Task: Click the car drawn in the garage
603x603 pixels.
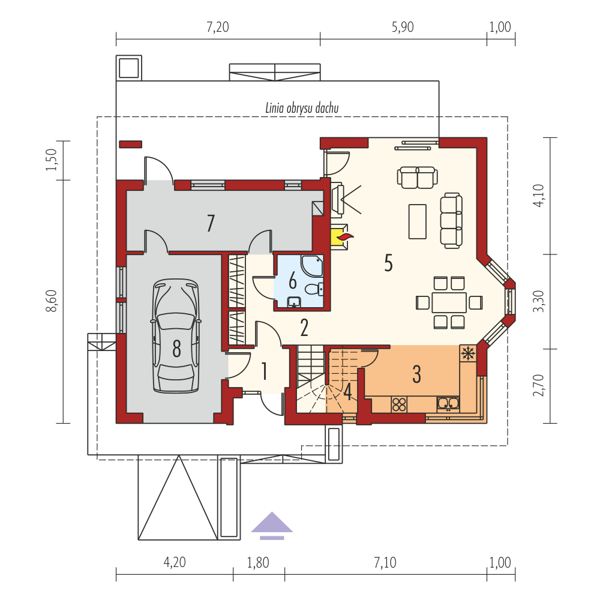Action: click(x=176, y=336)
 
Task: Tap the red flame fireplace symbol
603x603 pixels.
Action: click(x=345, y=237)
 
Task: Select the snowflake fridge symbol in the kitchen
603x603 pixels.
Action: click(x=468, y=353)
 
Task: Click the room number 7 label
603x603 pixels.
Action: click(x=211, y=223)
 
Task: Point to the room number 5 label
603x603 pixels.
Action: click(x=388, y=263)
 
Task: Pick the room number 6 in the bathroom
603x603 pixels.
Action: click(x=293, y=280)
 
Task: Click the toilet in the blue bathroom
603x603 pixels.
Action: click(x=314, y=289)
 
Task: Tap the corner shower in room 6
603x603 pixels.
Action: click(x=313, y=266)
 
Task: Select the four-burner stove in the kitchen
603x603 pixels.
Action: click(x=399, y=404)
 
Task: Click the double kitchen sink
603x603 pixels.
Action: click(x=448, y=404)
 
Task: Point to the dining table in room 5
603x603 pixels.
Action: click(x=449, y=302)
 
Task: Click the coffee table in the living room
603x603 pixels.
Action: click(x=417, y=221)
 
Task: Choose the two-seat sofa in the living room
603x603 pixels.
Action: click(x=417, y=177)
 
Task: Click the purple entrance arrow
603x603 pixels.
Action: click(x=272, y=526)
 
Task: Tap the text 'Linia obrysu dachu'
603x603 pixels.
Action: click(x=302, y=108)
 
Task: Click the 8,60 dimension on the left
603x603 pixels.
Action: click(x=52, y=301)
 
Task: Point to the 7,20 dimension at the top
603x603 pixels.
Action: click(x=218, y=27)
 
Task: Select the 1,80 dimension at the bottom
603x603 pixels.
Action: click(x=257, y=563)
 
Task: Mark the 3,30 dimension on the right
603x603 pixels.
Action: click(x=539, y=301)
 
